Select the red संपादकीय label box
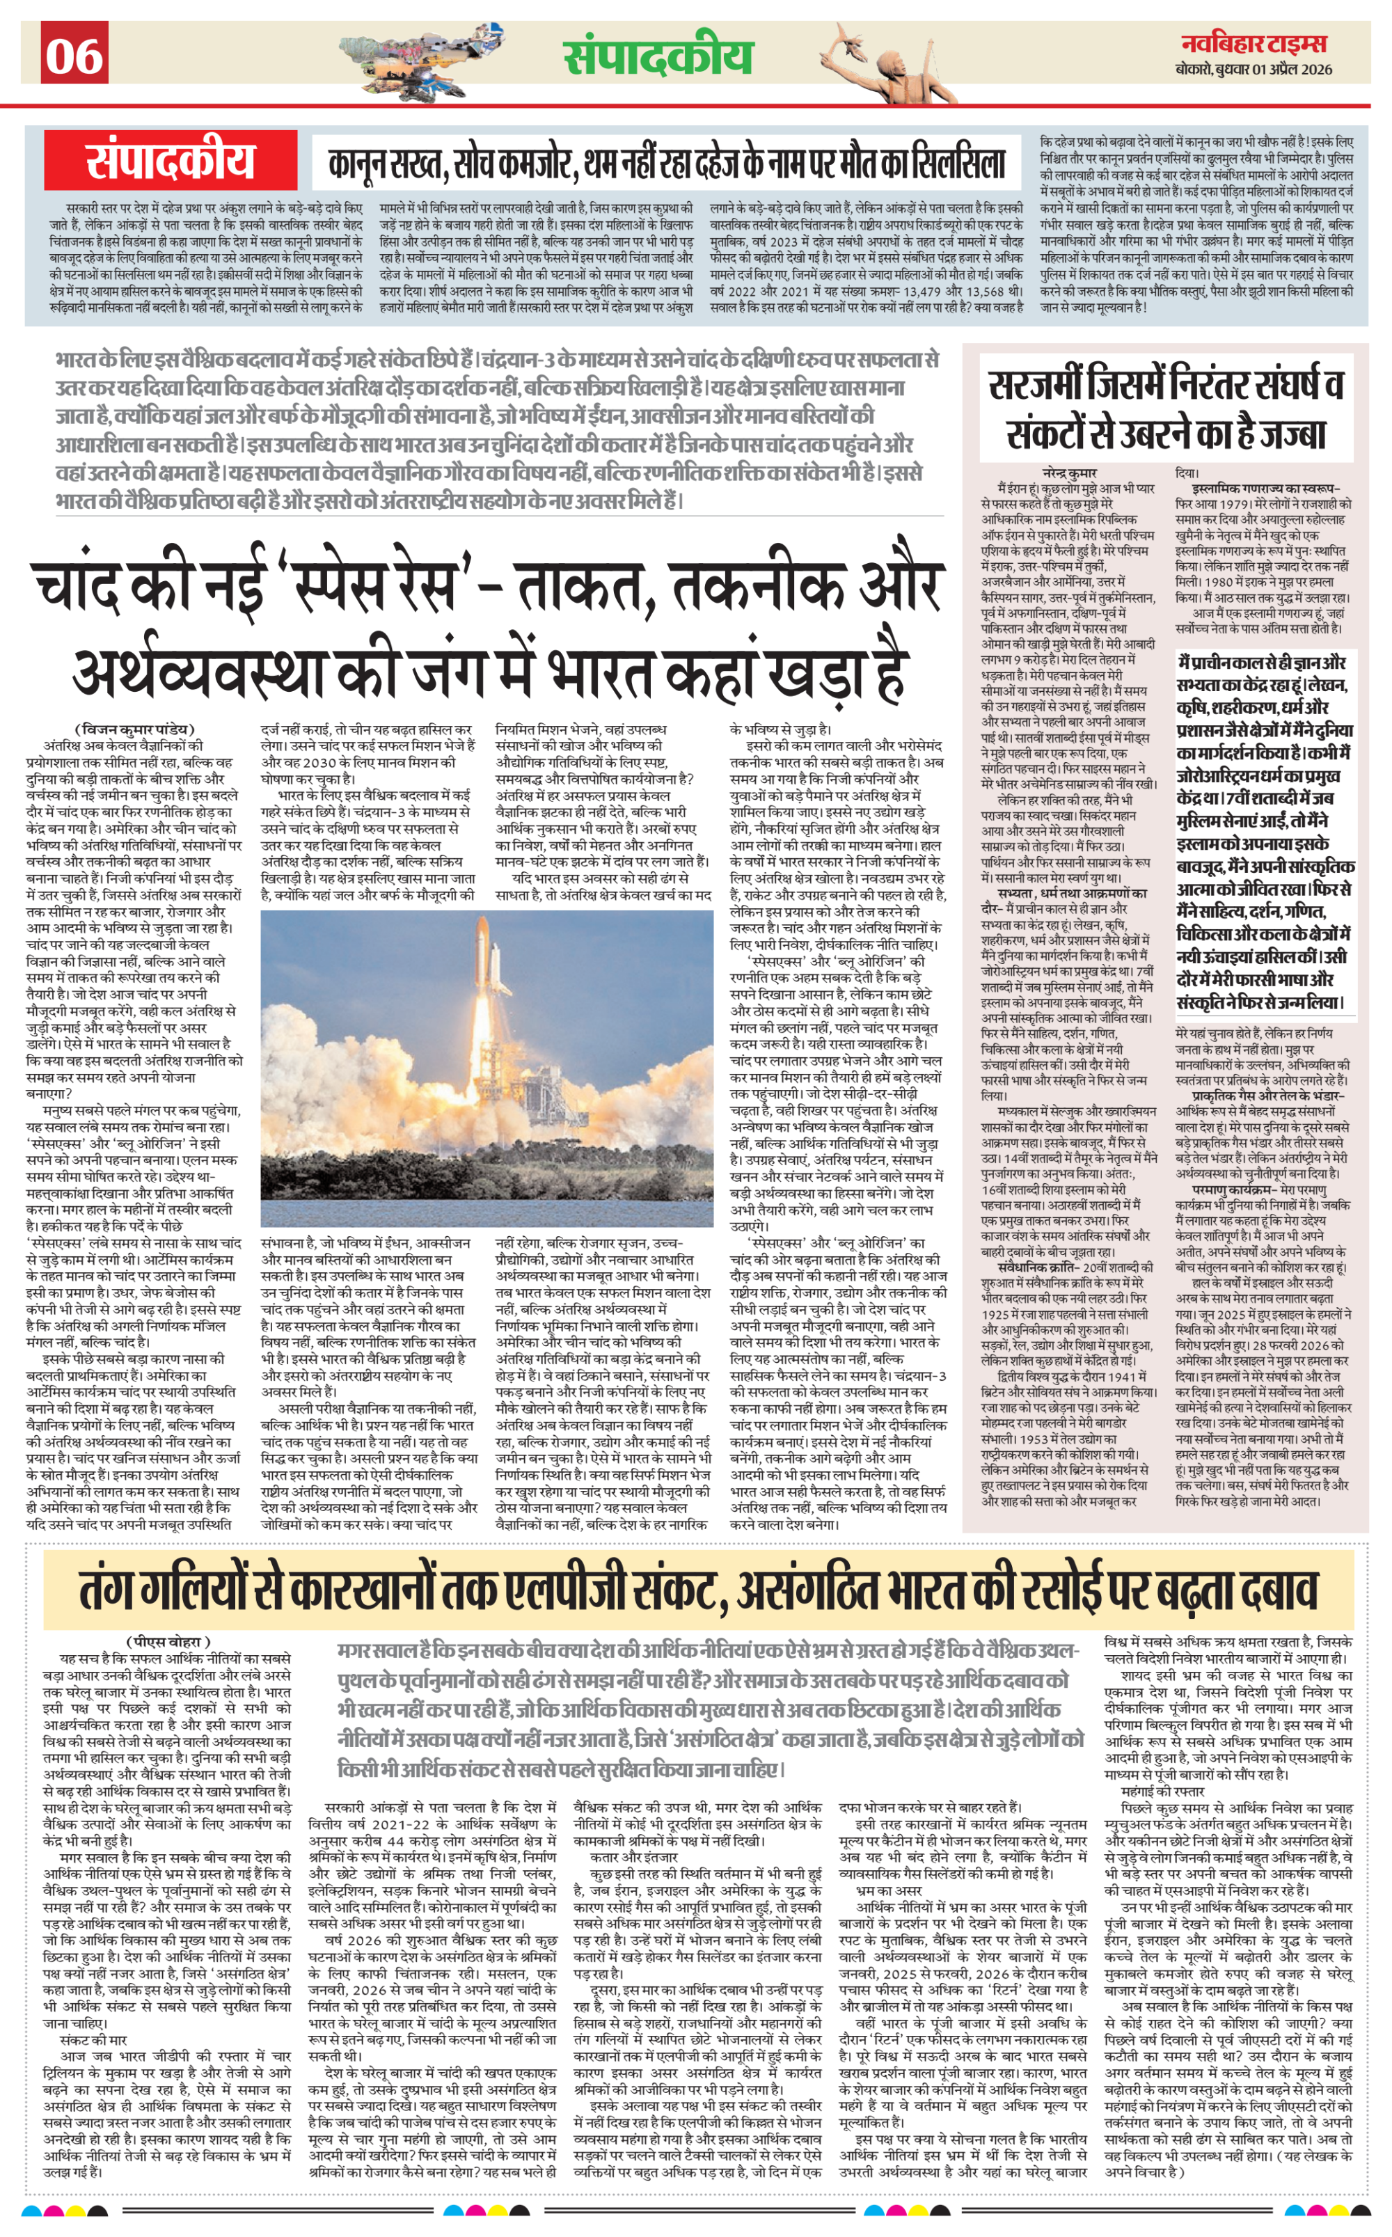tap(171, 160)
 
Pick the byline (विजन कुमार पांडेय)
tap(134, 729)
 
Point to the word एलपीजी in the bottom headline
tap(627, 1588)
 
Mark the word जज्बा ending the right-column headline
tap(1289, 433)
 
